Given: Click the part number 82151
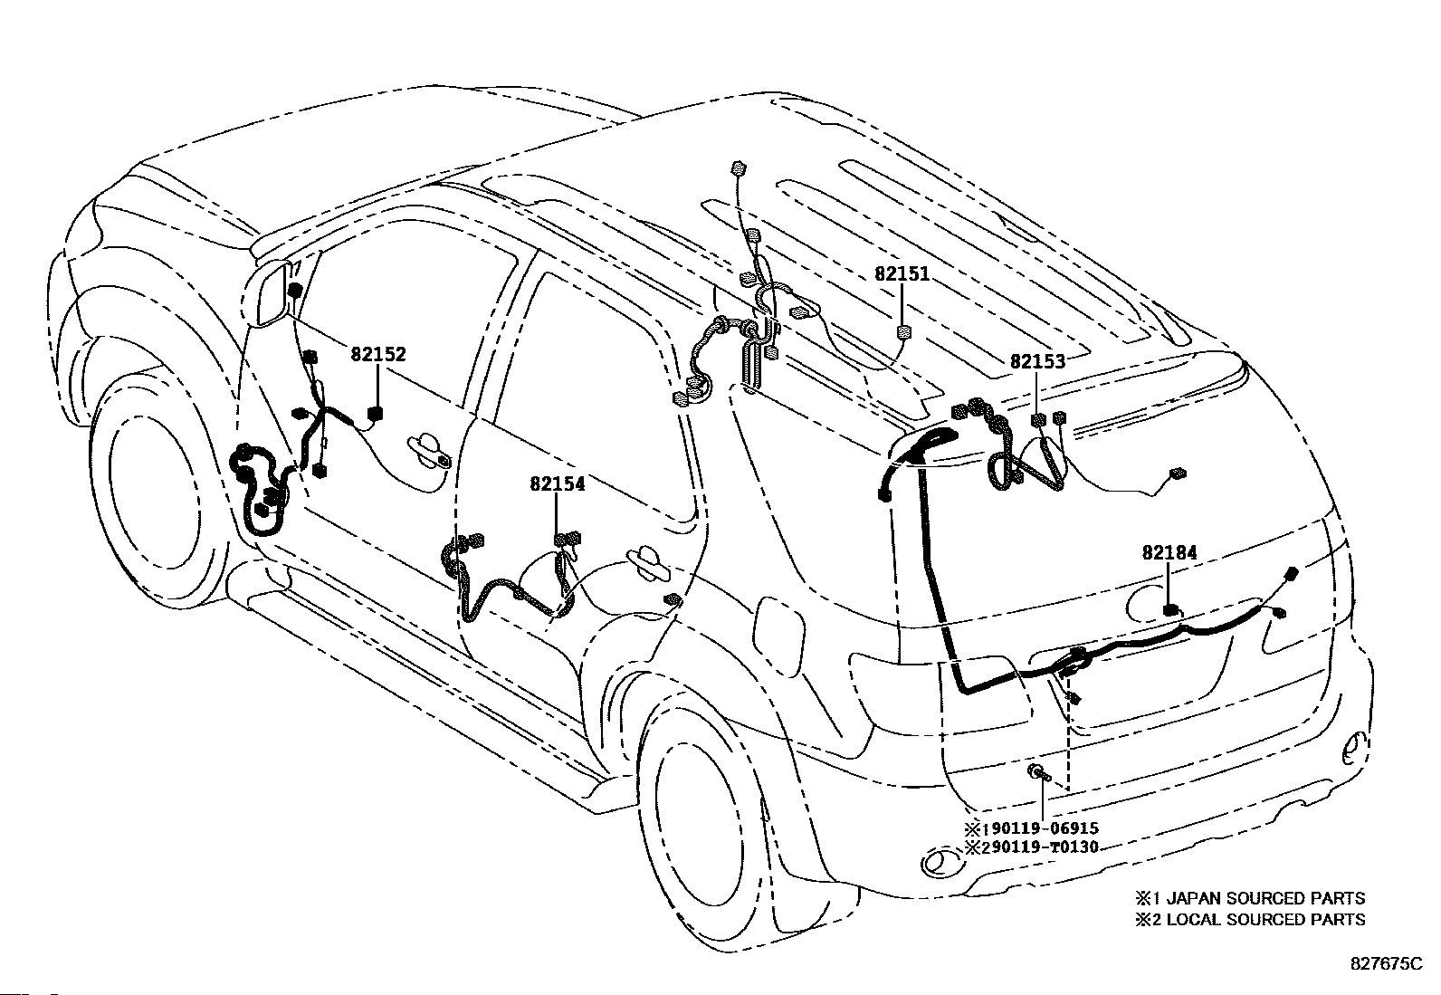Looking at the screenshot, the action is (902, 274).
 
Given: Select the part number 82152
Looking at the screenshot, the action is (378, 355).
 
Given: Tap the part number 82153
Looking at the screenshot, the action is (1037, 361).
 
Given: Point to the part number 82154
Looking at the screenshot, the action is (558, 484).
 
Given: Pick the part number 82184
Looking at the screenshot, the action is (1169, 552).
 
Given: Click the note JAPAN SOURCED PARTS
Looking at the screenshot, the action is (1265, 898).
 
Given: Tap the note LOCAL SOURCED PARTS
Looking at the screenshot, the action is (1265, 919).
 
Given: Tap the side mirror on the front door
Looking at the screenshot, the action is (272, 292).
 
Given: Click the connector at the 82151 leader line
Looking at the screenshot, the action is (903, 333).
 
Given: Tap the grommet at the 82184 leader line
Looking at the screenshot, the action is (1171, 611).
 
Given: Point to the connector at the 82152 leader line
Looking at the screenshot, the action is (375, 414).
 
